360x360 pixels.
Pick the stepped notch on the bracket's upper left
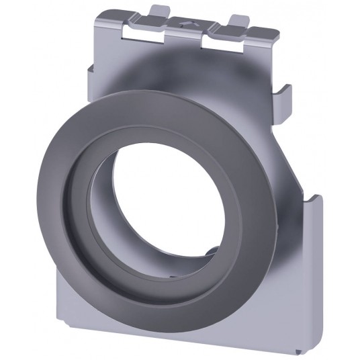click(x=91, y=67)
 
